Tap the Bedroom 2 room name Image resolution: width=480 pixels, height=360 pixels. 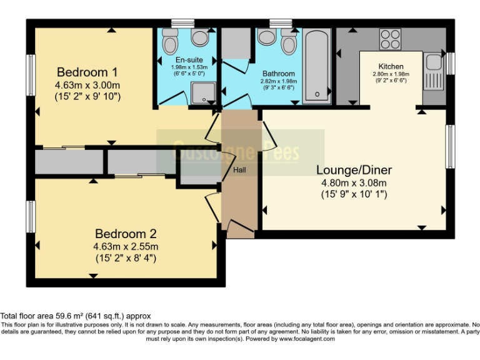point(124,234)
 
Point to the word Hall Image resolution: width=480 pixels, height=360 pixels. point(240,170)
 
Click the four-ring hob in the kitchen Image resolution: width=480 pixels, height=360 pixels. point(391,39)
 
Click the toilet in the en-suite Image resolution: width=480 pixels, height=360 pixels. point(169,42)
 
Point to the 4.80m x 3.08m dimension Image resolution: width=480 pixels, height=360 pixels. point(354,183)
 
